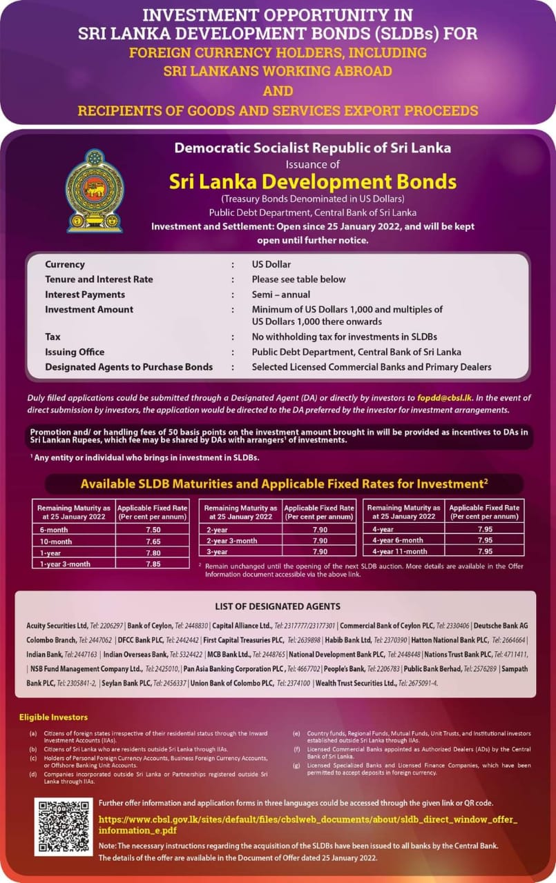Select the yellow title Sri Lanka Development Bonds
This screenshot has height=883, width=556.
pos(313,181)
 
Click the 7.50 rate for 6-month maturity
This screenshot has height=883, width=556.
pos(153,529)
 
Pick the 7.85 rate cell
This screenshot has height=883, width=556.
pos(153,563)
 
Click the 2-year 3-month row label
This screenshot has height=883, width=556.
pos(231,540)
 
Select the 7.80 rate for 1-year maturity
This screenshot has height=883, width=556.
pos(153,552)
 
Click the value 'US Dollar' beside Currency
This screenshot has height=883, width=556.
pos(271,264)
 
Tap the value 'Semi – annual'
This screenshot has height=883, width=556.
pos(281,295)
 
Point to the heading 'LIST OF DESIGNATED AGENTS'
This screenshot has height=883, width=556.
pos(278,606)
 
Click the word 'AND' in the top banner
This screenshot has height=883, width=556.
pos(278,90)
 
